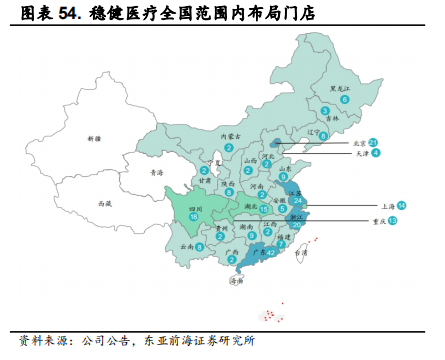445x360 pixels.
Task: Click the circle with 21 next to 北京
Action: pyautogui.click(x=373, y=142)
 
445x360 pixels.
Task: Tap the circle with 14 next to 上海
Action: pyautogui.click(x=415, y=205)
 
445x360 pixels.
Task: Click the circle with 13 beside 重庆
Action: pyautogui.click(x=393, y=220)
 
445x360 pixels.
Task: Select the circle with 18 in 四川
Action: pyautogui.click(x=193, y=215)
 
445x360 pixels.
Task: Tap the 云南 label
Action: pyautogui.click(x=185, y=246)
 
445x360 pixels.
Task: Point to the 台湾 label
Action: pyautogui.click(x=300, y=253)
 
